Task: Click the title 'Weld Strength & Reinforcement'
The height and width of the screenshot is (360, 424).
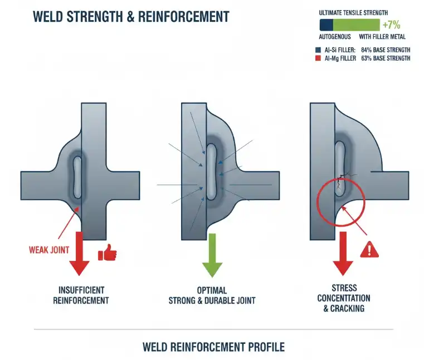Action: click(131, 16)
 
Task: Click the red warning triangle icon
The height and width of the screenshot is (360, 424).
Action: click(369, 249)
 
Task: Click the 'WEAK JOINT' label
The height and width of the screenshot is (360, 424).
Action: click(49, 249)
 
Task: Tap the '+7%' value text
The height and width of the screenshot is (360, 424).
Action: click(392, 25)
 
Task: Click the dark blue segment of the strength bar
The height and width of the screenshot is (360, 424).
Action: click(326, 25)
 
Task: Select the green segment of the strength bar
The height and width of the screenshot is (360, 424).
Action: click(356, 25)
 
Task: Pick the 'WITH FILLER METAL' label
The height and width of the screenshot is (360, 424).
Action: click(377, 38)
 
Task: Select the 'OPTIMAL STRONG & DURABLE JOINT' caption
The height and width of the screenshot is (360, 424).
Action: click(212, 295)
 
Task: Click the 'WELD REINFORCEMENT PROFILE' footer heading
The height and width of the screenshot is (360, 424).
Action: click(213, 347)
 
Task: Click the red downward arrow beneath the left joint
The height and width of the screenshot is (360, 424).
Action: click(79, 254)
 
